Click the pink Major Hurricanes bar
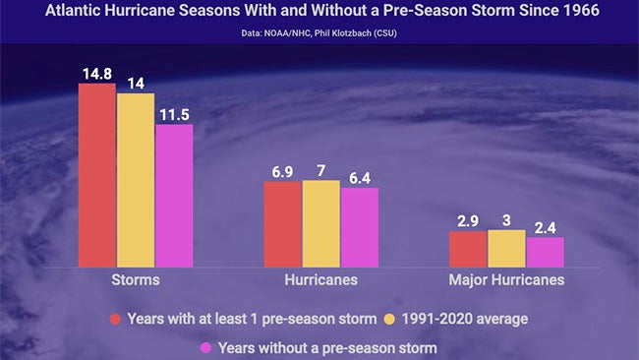point(545,252)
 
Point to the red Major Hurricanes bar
point(468,249)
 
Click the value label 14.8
point(98,72)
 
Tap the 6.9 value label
point(282,171)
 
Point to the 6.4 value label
point(359,177)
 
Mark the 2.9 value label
point(468,221)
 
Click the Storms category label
point(136,280)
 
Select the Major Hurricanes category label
point(506,280)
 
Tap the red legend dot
point(115,319)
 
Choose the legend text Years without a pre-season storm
point(327,347)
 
